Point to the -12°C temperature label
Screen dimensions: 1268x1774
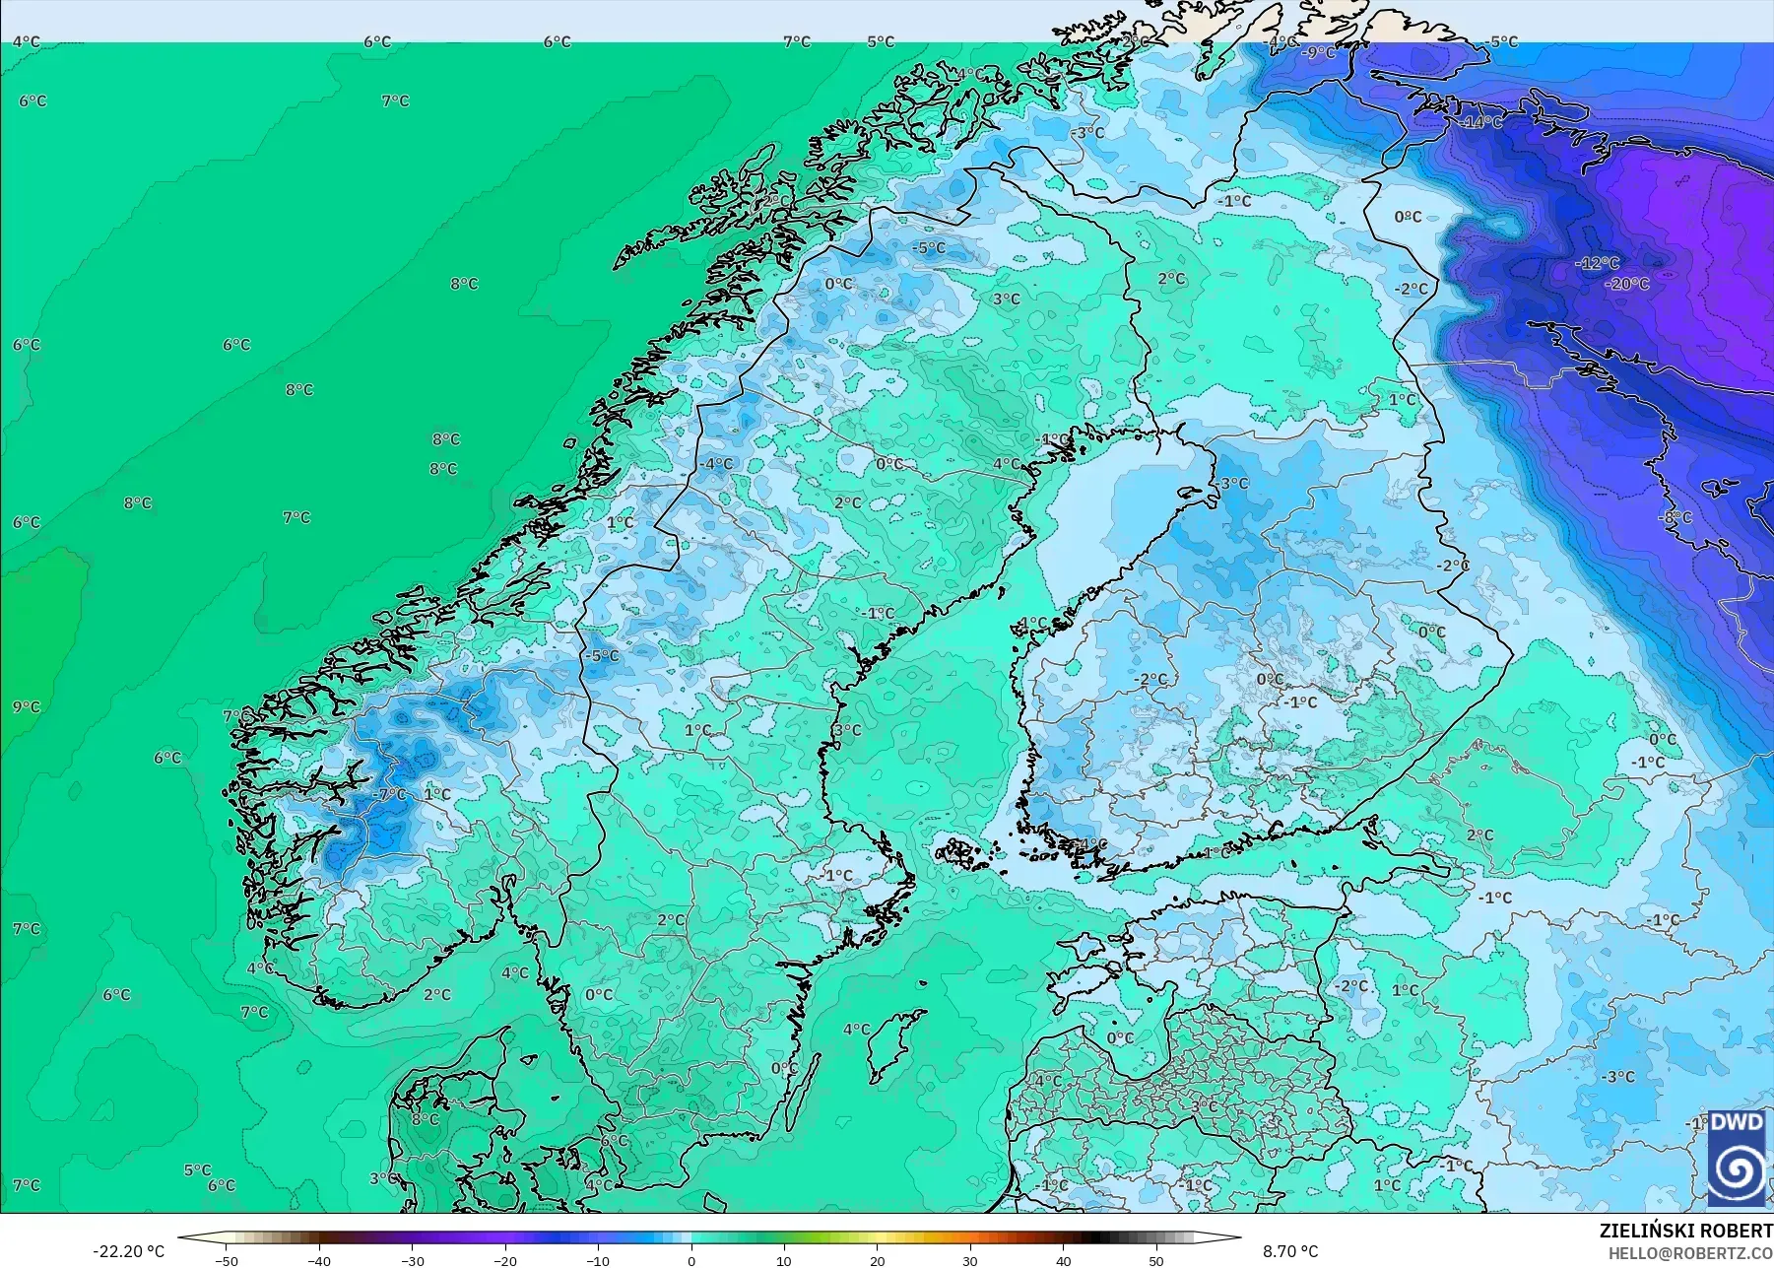pos(1597,263)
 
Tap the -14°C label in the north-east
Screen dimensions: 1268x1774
pos(1481,122)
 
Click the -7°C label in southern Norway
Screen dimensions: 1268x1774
pos(390,794)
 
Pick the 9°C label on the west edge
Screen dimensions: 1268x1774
pos(27,707)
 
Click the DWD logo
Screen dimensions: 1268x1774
pos(1736,1157)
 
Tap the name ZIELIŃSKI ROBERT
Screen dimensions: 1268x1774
pos(1685,1231)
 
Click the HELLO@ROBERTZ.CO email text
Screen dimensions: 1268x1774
pos(1690,1253)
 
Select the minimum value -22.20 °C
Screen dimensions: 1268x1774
pos(129,1251)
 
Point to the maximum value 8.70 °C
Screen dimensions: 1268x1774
pos(1290,1251)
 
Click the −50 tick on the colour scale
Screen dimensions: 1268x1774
pos(227,1261)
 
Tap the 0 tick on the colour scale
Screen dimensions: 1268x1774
pos(691,1261)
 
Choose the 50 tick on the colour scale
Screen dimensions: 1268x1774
pos(1156,1261)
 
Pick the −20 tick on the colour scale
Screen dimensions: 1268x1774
pos(505,1261)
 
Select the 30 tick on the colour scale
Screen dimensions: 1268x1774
pos(970,1261)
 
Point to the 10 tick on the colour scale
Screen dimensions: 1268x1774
pos(784,1261)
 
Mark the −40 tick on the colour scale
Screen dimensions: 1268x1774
pos(319,1261)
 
